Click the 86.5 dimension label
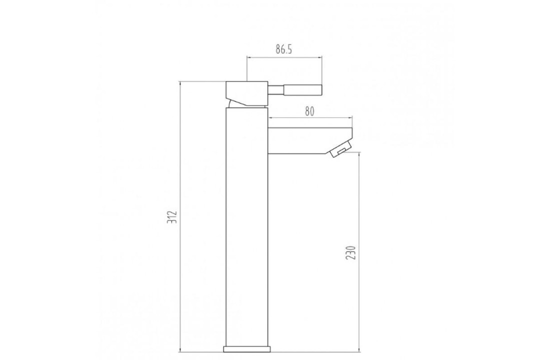tap(283, 49)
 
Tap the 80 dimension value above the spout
tap(309, 111)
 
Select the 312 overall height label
tap(172, 216)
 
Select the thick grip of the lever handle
tap(303, 90)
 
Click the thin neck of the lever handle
tap(275, 90)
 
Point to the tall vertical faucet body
tap(247, 225)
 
